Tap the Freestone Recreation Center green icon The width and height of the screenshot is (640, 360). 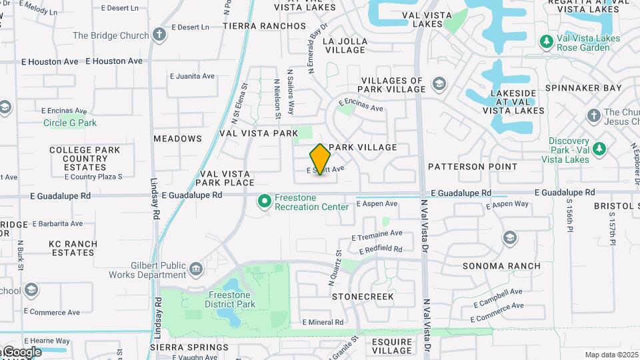click(x=265, y=201)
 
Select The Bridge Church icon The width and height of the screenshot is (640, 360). click(x=159, y=35)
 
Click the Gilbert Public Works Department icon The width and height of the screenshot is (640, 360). click(x=196, y=269)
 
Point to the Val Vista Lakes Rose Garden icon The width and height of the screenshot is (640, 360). click(x=547, y=43)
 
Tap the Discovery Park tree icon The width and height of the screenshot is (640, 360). click(x=599, y=149)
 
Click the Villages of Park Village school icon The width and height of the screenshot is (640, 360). click(x=439, y=84)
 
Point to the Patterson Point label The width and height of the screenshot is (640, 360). click(x=473, y=167)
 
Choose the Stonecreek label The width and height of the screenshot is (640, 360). click(x=363, y=296)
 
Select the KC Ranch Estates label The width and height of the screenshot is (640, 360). click(x=73, y=249)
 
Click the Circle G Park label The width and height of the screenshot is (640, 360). click(x=70, y=123)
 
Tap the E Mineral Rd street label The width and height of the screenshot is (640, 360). click(x=323, y=322)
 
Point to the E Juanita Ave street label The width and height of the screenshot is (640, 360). click(x=192, y=76)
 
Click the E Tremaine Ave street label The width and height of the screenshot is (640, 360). click(x=377, y=234)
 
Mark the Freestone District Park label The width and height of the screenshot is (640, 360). click(x=231, y=299)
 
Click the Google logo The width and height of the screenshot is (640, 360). click(x=22, y=352)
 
